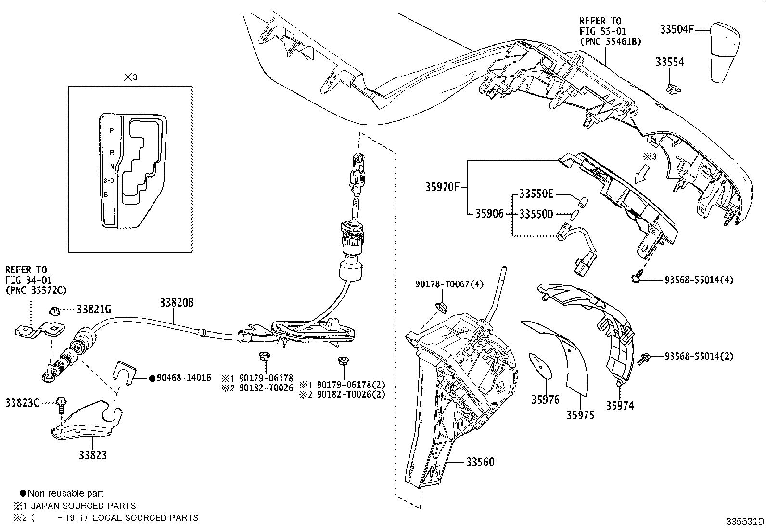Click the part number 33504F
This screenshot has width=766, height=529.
click(x=676, y=29)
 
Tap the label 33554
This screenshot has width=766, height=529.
click(x=669, y=62)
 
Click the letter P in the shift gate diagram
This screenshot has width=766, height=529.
click(x=112, y=130)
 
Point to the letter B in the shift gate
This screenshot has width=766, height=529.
click(x=106, y=195)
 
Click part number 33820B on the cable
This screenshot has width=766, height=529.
click(x=177, y=303)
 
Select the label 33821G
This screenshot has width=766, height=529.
click(x=94, y=310)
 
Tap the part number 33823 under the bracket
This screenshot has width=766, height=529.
click(x=93, y=455)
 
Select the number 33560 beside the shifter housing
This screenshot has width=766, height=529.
click(x=480, y=462)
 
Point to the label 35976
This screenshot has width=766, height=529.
click(x=545, y=399)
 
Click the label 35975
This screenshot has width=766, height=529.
click(x=580, y=415)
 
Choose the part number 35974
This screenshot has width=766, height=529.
click(x=620, y=406)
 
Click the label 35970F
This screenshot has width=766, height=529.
click(x=442, y=187)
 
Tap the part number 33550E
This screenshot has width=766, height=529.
click(x=536, y=194)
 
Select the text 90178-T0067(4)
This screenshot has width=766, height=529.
click(x=449, y=284)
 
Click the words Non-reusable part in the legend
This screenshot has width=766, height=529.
click(x=65, y=493)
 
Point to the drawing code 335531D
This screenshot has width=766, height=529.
click(x=745, y=522)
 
